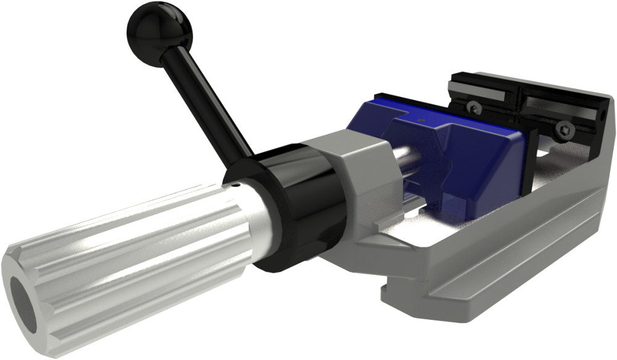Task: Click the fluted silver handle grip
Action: coord(123,259)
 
